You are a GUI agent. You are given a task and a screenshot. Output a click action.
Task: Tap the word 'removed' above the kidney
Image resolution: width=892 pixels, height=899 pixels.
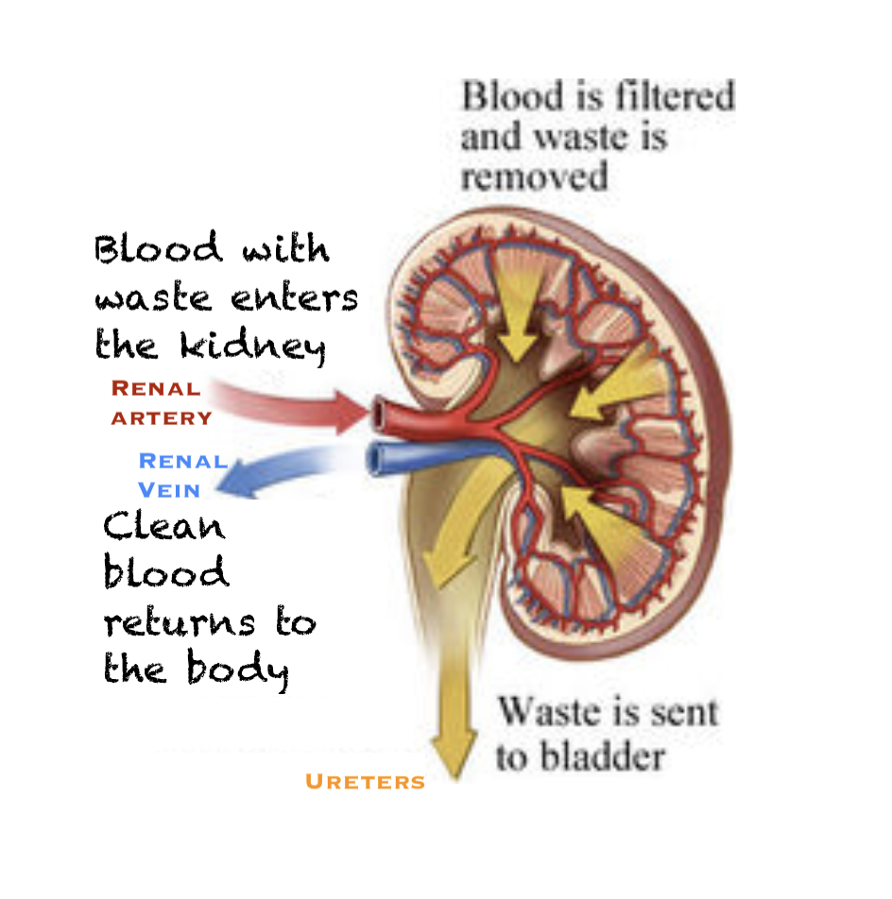click(534, 177)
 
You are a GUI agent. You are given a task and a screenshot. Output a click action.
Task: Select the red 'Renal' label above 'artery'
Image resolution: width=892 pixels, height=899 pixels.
click(156, 388)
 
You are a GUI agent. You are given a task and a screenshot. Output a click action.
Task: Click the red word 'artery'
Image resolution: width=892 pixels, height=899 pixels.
click(162, 417)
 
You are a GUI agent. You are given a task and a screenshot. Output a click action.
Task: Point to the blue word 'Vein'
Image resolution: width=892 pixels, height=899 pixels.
click(169, 489)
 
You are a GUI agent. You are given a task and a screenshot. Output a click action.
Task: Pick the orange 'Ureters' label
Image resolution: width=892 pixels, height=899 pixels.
click(365, 782)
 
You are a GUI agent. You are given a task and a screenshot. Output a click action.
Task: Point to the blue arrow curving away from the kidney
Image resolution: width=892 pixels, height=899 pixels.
click(274, 472)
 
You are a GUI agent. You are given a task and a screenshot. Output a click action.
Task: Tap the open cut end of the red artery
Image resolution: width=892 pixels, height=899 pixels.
click(380, 412)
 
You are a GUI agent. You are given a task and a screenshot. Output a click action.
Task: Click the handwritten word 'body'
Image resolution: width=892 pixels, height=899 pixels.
click(240, 671)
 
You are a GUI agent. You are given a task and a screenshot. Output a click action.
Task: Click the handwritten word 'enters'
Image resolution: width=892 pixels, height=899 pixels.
click(295, 298)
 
